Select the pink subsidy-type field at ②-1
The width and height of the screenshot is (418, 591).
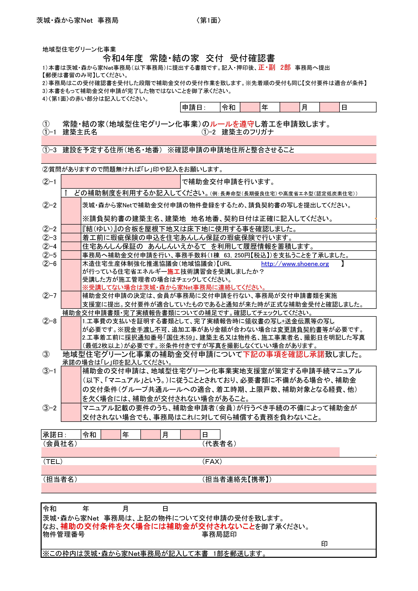point(121,181)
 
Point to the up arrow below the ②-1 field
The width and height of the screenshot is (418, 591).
point(66,193)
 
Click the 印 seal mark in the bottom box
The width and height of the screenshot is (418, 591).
point(324,544)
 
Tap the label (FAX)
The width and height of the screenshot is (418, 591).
point(212,462)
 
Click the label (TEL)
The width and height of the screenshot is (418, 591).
point(53,462)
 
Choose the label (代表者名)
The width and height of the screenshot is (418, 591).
point(219,444)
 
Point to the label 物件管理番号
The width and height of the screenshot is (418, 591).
point(64,534)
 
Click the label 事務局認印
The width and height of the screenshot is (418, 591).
point(219,534)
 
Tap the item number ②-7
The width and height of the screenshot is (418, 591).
point(49,295)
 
